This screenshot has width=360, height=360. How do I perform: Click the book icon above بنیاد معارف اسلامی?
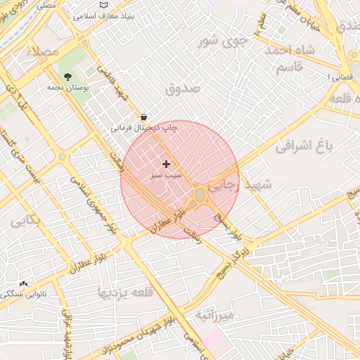104,4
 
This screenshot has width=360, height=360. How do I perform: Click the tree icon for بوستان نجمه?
67,77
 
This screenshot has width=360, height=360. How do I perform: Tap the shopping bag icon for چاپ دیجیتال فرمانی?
144,117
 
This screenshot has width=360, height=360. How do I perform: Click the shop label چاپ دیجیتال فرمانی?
145,128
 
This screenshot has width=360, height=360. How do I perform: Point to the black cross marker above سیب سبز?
166,164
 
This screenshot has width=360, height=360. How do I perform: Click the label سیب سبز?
166,174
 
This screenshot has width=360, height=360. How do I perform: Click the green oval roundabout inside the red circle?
200,194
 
